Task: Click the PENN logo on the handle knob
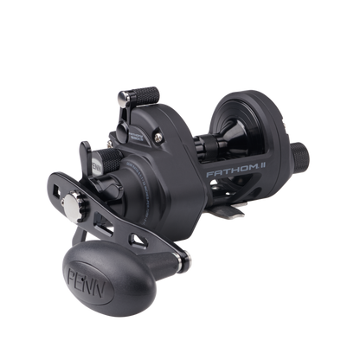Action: (x=86, y=283)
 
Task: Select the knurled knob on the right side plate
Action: (x=299, y=156)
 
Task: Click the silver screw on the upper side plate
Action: (x=158, y=138)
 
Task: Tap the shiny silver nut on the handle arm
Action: (x=72, y=204)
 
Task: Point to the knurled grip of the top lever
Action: (x=146, y=96)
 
